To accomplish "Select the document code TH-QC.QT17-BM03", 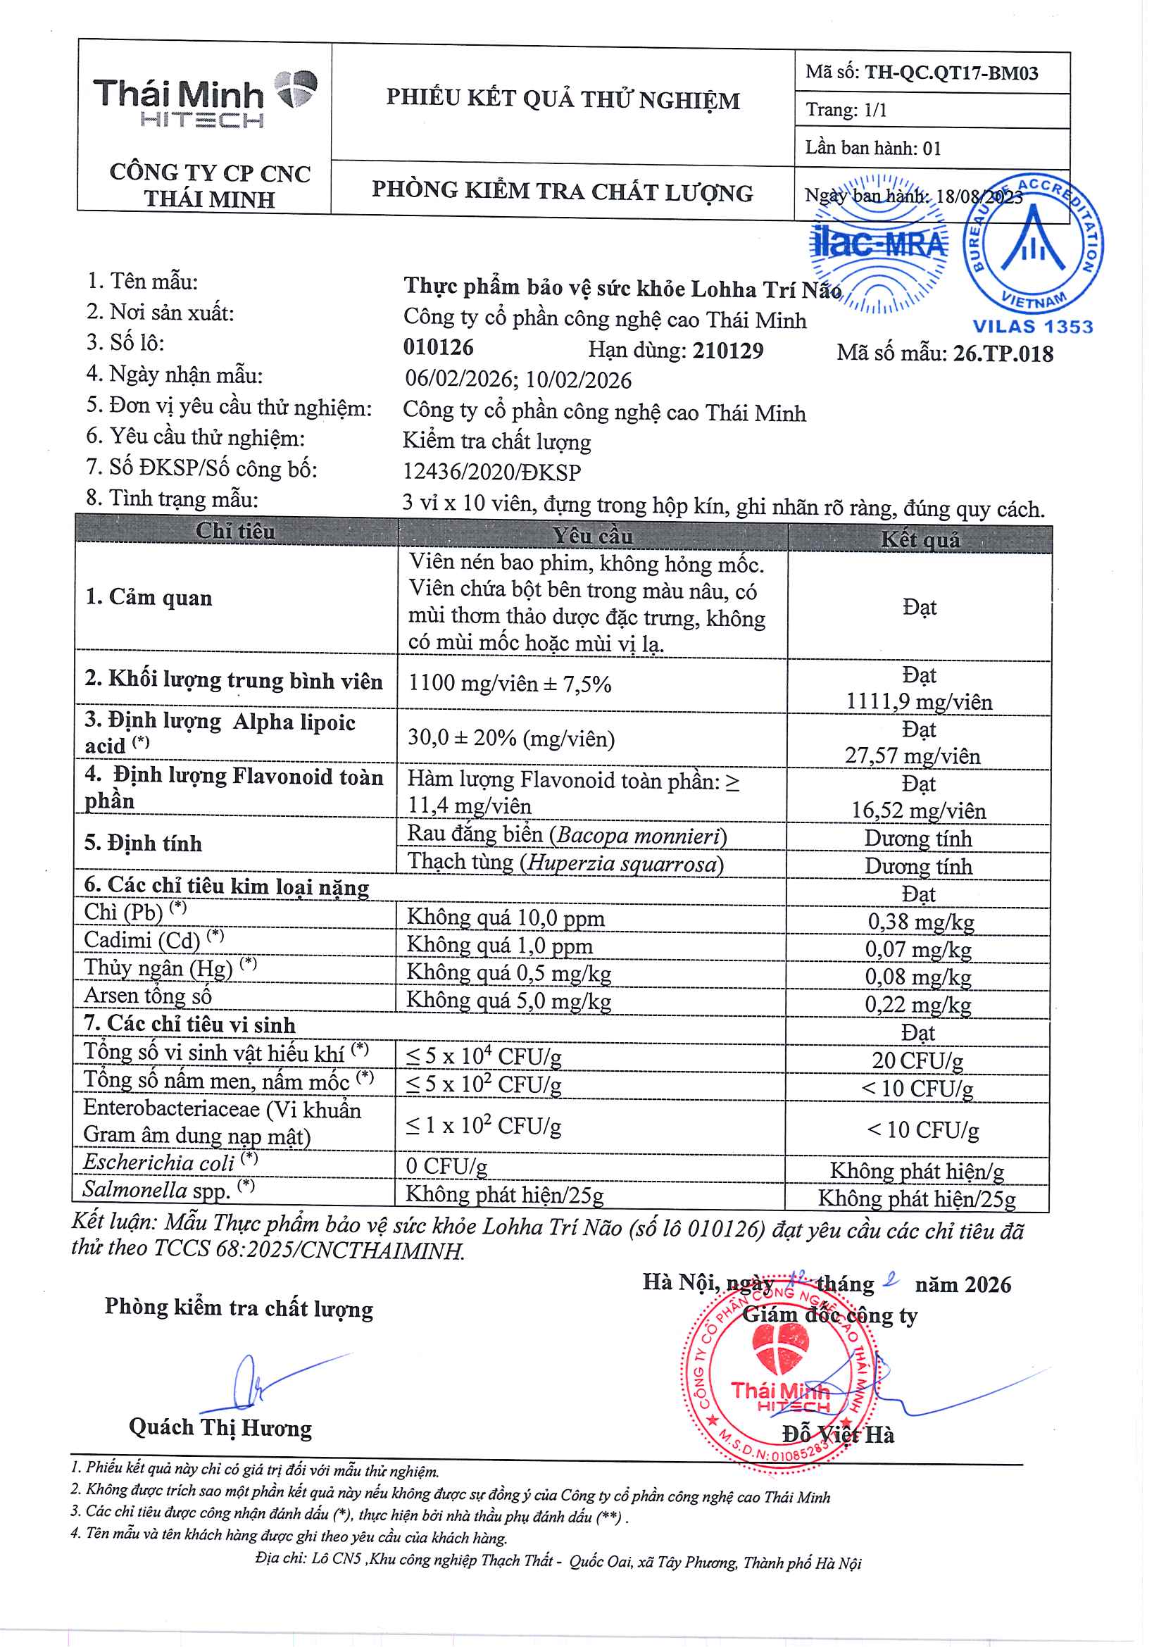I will pos(951,73).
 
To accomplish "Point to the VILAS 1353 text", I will pos(1032,327).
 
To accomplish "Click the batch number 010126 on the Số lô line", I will pos(438,347).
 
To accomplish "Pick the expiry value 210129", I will pos(727,351).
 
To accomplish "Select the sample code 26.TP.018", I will pos(1003,354).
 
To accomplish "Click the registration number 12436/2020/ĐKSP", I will pos(491,472).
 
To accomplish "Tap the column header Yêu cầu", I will pos(592,536).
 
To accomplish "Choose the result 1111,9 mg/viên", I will pos(919,701).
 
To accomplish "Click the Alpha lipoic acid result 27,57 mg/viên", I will pos(912,756).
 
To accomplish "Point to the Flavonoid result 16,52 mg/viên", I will pos(918,810).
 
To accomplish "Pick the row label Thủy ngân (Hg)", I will pos(158,967).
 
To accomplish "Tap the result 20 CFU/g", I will pos(917,1060).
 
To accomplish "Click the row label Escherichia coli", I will pos(158,1162).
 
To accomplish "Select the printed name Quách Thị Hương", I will pos(220,1427).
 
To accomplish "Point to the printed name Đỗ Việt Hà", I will pos(838,1434).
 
